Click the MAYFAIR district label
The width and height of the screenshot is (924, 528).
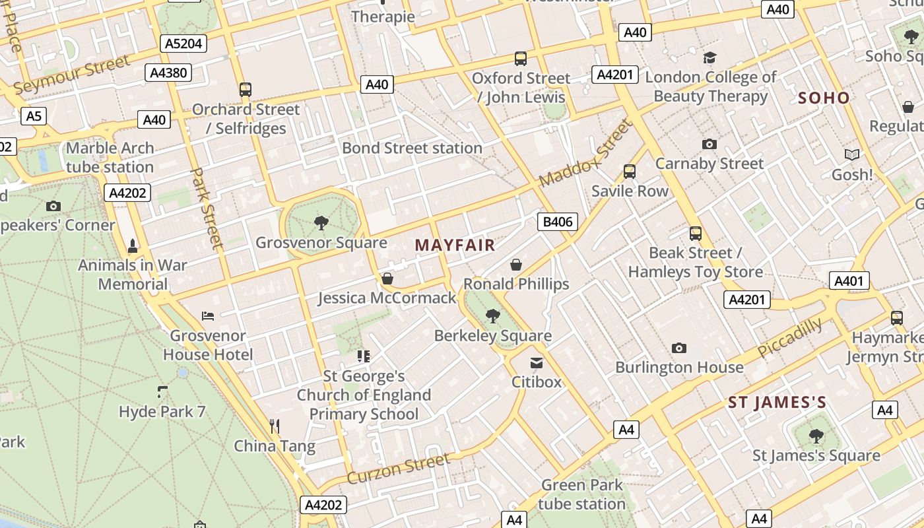click(455, 246)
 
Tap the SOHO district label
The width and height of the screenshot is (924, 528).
click(824, 98)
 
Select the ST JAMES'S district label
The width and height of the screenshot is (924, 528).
click(777, 403)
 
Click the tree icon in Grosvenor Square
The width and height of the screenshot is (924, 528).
click(321, 223)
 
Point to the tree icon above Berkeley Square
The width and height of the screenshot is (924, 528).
click(492, 316)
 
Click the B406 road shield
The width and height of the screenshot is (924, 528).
click(558, 222)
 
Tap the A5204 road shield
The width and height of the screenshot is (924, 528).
click(183, 44)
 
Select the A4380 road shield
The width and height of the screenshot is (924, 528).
click(168, 73)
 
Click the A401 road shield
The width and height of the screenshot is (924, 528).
click(849, 281)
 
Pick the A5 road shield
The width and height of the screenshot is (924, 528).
click(33, 117)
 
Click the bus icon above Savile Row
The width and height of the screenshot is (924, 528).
click(629, 172)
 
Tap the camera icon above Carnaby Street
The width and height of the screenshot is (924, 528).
click(709, 144)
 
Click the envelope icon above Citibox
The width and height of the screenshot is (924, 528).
click(536, 362)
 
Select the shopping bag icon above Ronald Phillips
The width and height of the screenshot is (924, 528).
click(516, 265)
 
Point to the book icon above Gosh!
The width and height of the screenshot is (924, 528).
click(852, 154)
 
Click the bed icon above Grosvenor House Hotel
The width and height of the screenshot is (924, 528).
click(208, 315)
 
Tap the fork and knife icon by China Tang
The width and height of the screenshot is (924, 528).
click(275, 426)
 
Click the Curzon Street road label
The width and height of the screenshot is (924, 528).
click(398, 469)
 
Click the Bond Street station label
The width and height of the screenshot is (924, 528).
click(412, 148)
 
